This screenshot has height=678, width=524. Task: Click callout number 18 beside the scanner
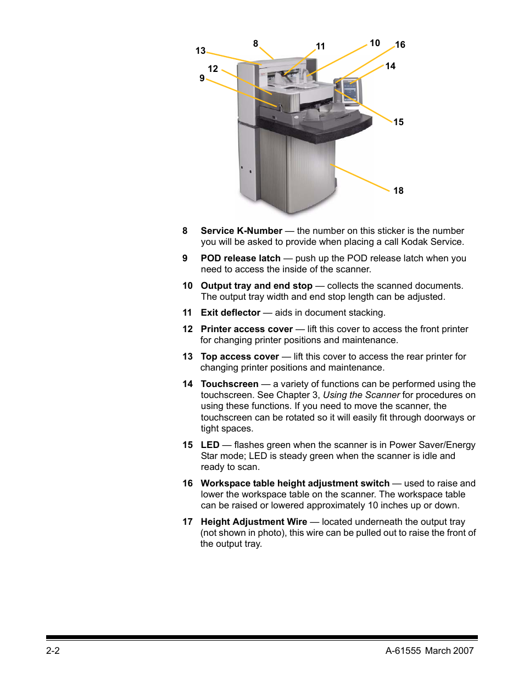pyautogui.click(x=398, y=190)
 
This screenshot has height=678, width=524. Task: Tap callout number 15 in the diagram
pyautogui.click(x=398, y=122)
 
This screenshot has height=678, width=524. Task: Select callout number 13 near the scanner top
pyautogui.click(x=200, y=51)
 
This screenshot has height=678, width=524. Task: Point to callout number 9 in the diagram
pyautogui.click(x=202, y=78)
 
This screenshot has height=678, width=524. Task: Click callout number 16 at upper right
pyautogui.click(x=400, y=44)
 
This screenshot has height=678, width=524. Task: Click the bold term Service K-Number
pyautogui.click(x=241, y=231)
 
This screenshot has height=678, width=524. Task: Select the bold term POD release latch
pyautogui.click(x=241, y=258)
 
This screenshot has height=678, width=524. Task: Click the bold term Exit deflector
pyautogui.click(x=230, y=312)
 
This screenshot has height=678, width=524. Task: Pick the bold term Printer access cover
pyautogui.click(x=247, y=329)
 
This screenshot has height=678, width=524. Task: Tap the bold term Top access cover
pyautogui.click(x=239, y=356)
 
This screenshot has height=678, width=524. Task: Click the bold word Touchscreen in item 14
pyautogui.click(x=229, y=384)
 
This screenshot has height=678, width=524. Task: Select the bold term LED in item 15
pyautogui.click(x=210, y=445)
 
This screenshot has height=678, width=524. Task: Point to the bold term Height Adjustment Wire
pyautogui.click(x=254, y=522)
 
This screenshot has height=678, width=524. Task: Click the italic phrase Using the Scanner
pyautogui.click(x=361, y=395)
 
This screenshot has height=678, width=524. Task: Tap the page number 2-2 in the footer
pyautogui.click(x=53, y=651)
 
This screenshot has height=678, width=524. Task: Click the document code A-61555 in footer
pyautogui.click(x=403, y=651)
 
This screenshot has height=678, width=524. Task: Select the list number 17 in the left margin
pyautogui.click(x=187, y=522)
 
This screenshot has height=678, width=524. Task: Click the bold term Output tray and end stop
pyautogui.click(x=257, y=285)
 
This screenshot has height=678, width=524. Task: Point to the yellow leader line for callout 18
pyautogui.click(x=360, y=177)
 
